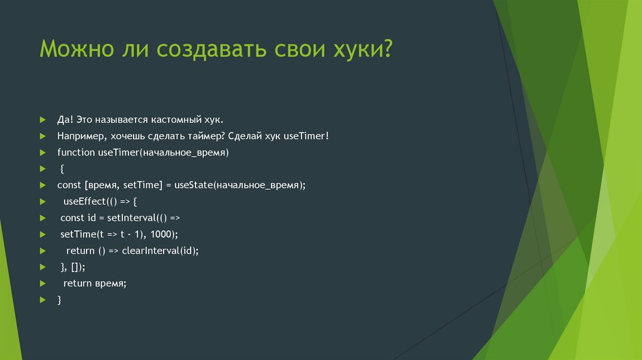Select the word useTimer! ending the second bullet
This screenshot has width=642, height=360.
click(307, 135)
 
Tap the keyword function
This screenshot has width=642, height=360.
click(76, 152)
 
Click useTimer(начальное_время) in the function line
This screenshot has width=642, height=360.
click(163, 152)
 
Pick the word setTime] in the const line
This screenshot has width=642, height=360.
click(143, 185)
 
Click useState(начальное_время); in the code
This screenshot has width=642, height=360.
click(240, 185)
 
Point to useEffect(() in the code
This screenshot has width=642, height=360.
click(89, 201)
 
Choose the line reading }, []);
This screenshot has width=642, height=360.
click(73, 267)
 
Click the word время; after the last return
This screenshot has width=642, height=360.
click(111, 283)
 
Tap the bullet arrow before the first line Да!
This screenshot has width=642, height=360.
click(42, 119)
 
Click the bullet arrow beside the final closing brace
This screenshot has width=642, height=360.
click(42, 300)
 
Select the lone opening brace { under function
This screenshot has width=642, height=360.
click(63, 169)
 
